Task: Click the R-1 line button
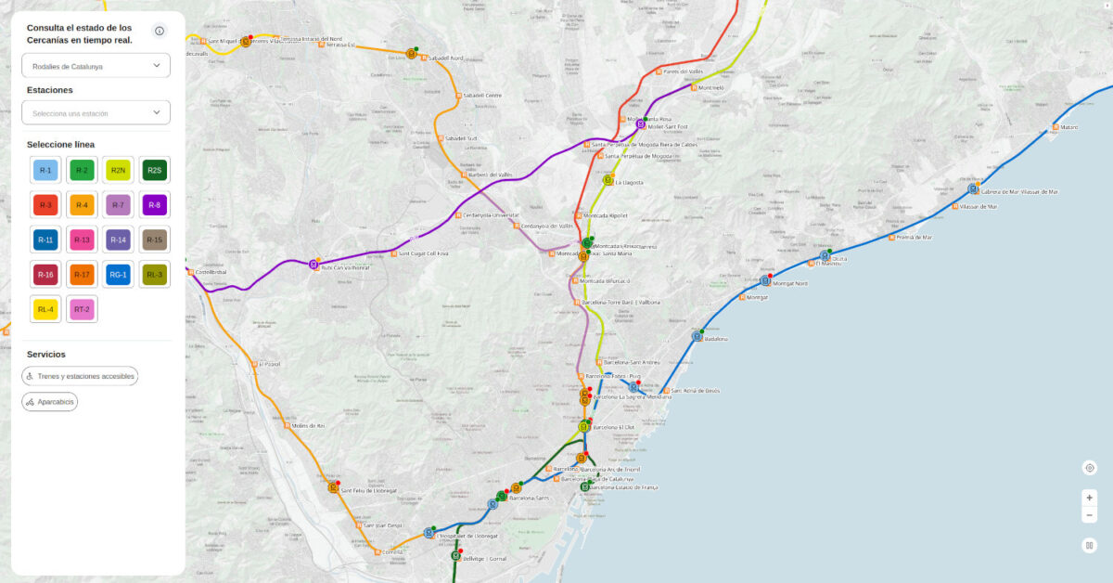point(45,170)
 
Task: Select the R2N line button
point(118,170)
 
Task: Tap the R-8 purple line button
point(154,205)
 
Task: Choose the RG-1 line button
point(118,274)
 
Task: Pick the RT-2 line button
point(82,309)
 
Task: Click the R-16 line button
point(45,274)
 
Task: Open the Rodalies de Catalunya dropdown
point(96,66)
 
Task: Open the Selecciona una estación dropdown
point(96,113)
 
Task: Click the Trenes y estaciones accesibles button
point(81,376)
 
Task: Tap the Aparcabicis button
point(50,402)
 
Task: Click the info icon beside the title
point(160,32)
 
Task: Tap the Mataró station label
point(1068,127)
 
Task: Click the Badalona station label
point(716,339)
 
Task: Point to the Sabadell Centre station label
point(481,96)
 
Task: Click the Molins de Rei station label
point(308,426)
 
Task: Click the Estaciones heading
point(50,90)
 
